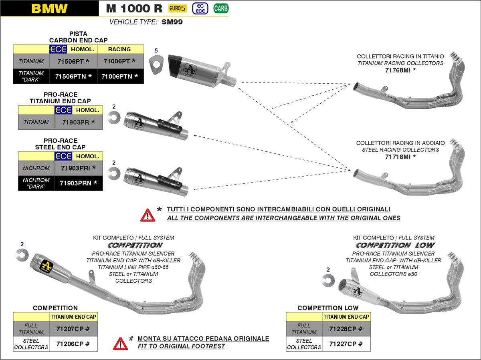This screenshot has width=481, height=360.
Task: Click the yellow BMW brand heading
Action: [x=49, y=8]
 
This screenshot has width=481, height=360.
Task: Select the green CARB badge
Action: [x=221, y=8]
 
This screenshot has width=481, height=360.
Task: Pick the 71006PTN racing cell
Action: [x=120, y=76]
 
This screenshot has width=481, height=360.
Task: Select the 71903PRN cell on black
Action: [x=79, y=183]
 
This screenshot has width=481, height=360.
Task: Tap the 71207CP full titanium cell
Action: [x=73, y=329]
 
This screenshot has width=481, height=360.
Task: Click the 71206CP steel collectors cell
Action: [x=73, y=344]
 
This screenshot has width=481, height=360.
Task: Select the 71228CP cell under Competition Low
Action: [x=346, y=329]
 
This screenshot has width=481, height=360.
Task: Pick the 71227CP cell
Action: [x=346, y=344]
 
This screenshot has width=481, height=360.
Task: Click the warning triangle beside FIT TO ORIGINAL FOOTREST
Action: [x=120, y=343]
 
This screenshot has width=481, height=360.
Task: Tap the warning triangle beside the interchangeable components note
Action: [x=148, y=215]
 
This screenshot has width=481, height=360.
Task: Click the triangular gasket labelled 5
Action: [x=156, y=64]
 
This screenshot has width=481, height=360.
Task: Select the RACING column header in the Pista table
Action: [x=119, y=49]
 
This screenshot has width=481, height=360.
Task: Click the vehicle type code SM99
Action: [x=172, y=22]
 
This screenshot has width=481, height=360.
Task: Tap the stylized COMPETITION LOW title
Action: [x=395, y=245]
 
